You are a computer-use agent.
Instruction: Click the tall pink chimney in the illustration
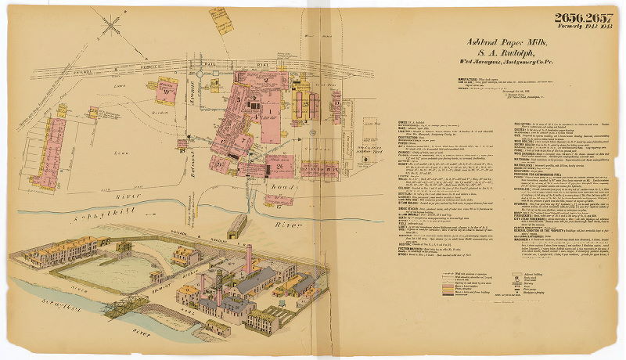coord(249,258)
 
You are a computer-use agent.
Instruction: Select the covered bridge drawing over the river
coord(237,226)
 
